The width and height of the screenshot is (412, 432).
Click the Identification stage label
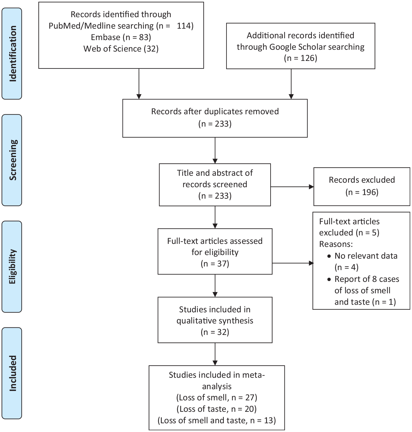pos(12,54)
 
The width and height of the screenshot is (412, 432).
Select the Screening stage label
pos(12,160)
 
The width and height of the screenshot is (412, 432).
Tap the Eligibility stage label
pos(12,266)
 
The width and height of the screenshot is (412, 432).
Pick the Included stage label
pos(12,373)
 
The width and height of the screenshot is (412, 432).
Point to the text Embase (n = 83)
pos(121,37)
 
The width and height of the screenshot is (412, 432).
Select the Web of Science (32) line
pos(121,49)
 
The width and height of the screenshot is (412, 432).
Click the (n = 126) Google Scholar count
pos(300,58)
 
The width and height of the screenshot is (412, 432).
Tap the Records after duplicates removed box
pos(215,118)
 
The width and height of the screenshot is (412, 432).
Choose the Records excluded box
pos(362,187)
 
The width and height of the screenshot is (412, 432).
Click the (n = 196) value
pos(362,192)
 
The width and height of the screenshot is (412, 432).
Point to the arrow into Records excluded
pos(292,187)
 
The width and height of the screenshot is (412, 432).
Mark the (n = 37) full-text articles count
pos(215,263)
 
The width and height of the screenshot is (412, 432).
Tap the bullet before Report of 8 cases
pos(329,279)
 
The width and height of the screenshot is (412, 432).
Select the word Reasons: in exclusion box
pos(336,244)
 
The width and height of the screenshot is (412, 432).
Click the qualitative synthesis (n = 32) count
pos(215,332)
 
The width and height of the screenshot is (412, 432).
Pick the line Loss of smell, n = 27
pos(217,397)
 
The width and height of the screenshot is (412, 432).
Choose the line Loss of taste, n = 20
pos(217,409)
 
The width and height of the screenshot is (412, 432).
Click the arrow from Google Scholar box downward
pos(291,84)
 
